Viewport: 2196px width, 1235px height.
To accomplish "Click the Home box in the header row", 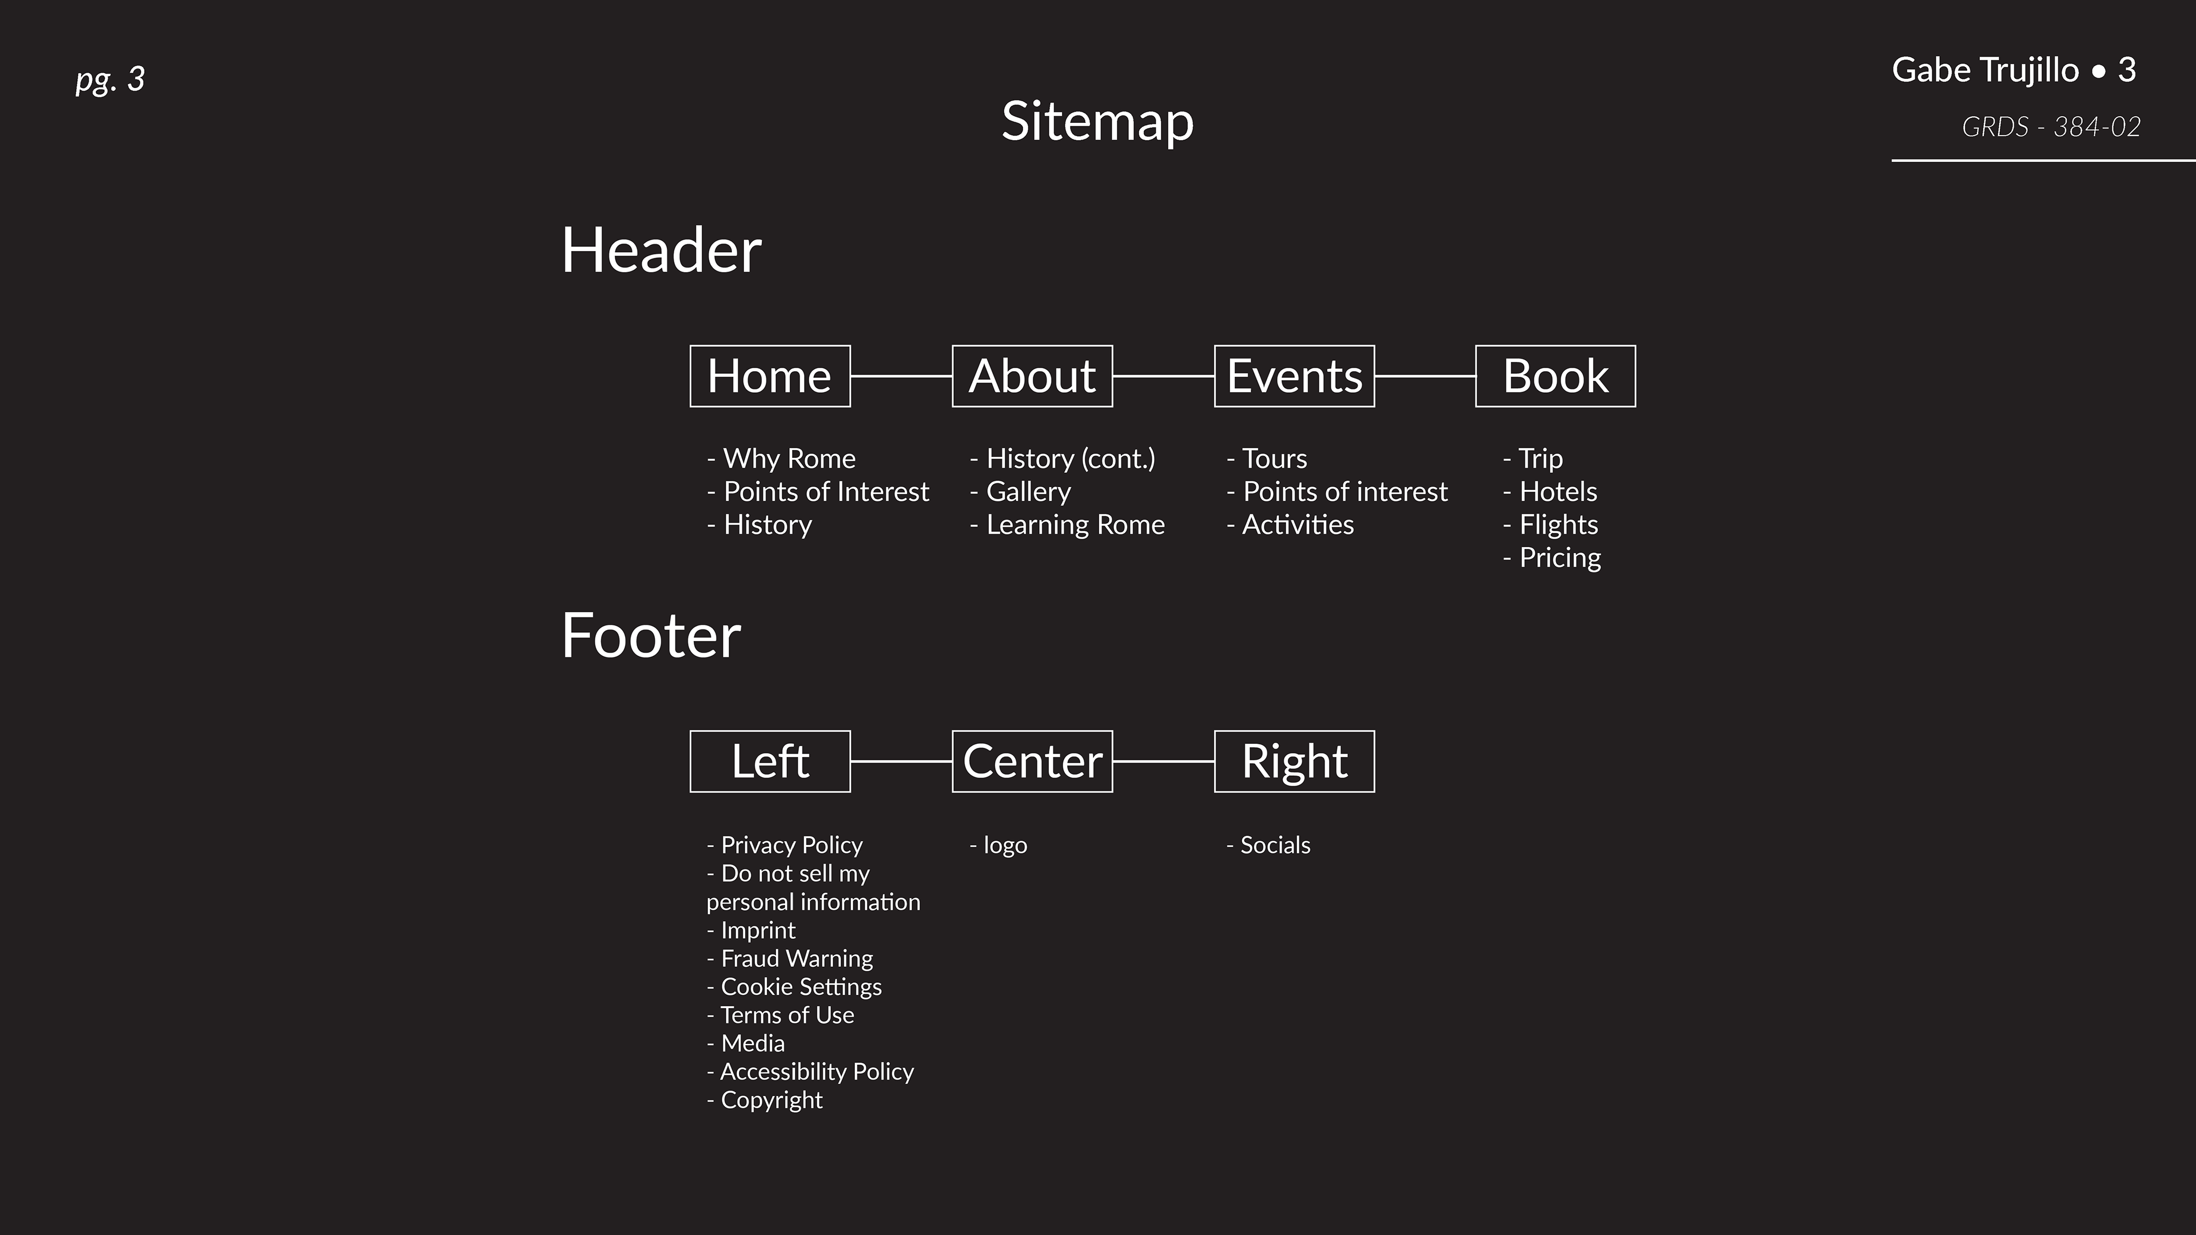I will [770, 376].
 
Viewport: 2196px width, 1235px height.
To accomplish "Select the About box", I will [1032, 376].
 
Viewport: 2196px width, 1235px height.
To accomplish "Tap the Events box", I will [1294, 376].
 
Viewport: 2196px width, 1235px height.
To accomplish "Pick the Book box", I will [1555, 376].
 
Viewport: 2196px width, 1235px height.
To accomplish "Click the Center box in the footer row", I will [1032, 761].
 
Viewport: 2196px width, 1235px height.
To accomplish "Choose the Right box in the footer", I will [1294, 761].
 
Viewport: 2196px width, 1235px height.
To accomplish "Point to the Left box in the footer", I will [770, 761].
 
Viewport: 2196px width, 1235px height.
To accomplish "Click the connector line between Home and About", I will [901, 376].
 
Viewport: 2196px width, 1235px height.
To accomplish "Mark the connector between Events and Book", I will [1425, 376].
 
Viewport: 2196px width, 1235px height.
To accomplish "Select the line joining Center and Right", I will [1163, 761].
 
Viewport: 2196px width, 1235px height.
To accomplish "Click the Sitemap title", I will [1097, 121].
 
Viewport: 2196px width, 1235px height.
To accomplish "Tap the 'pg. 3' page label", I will [110, 79].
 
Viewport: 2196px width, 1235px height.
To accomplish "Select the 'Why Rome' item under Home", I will [789, 459].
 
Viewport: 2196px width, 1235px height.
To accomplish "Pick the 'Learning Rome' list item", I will [1074, 525].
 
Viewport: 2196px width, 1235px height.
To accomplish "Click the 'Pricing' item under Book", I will [1559, 557].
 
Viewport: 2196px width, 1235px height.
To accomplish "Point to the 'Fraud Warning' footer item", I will [796, 959].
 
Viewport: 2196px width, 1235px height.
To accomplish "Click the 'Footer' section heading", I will [650, 636].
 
